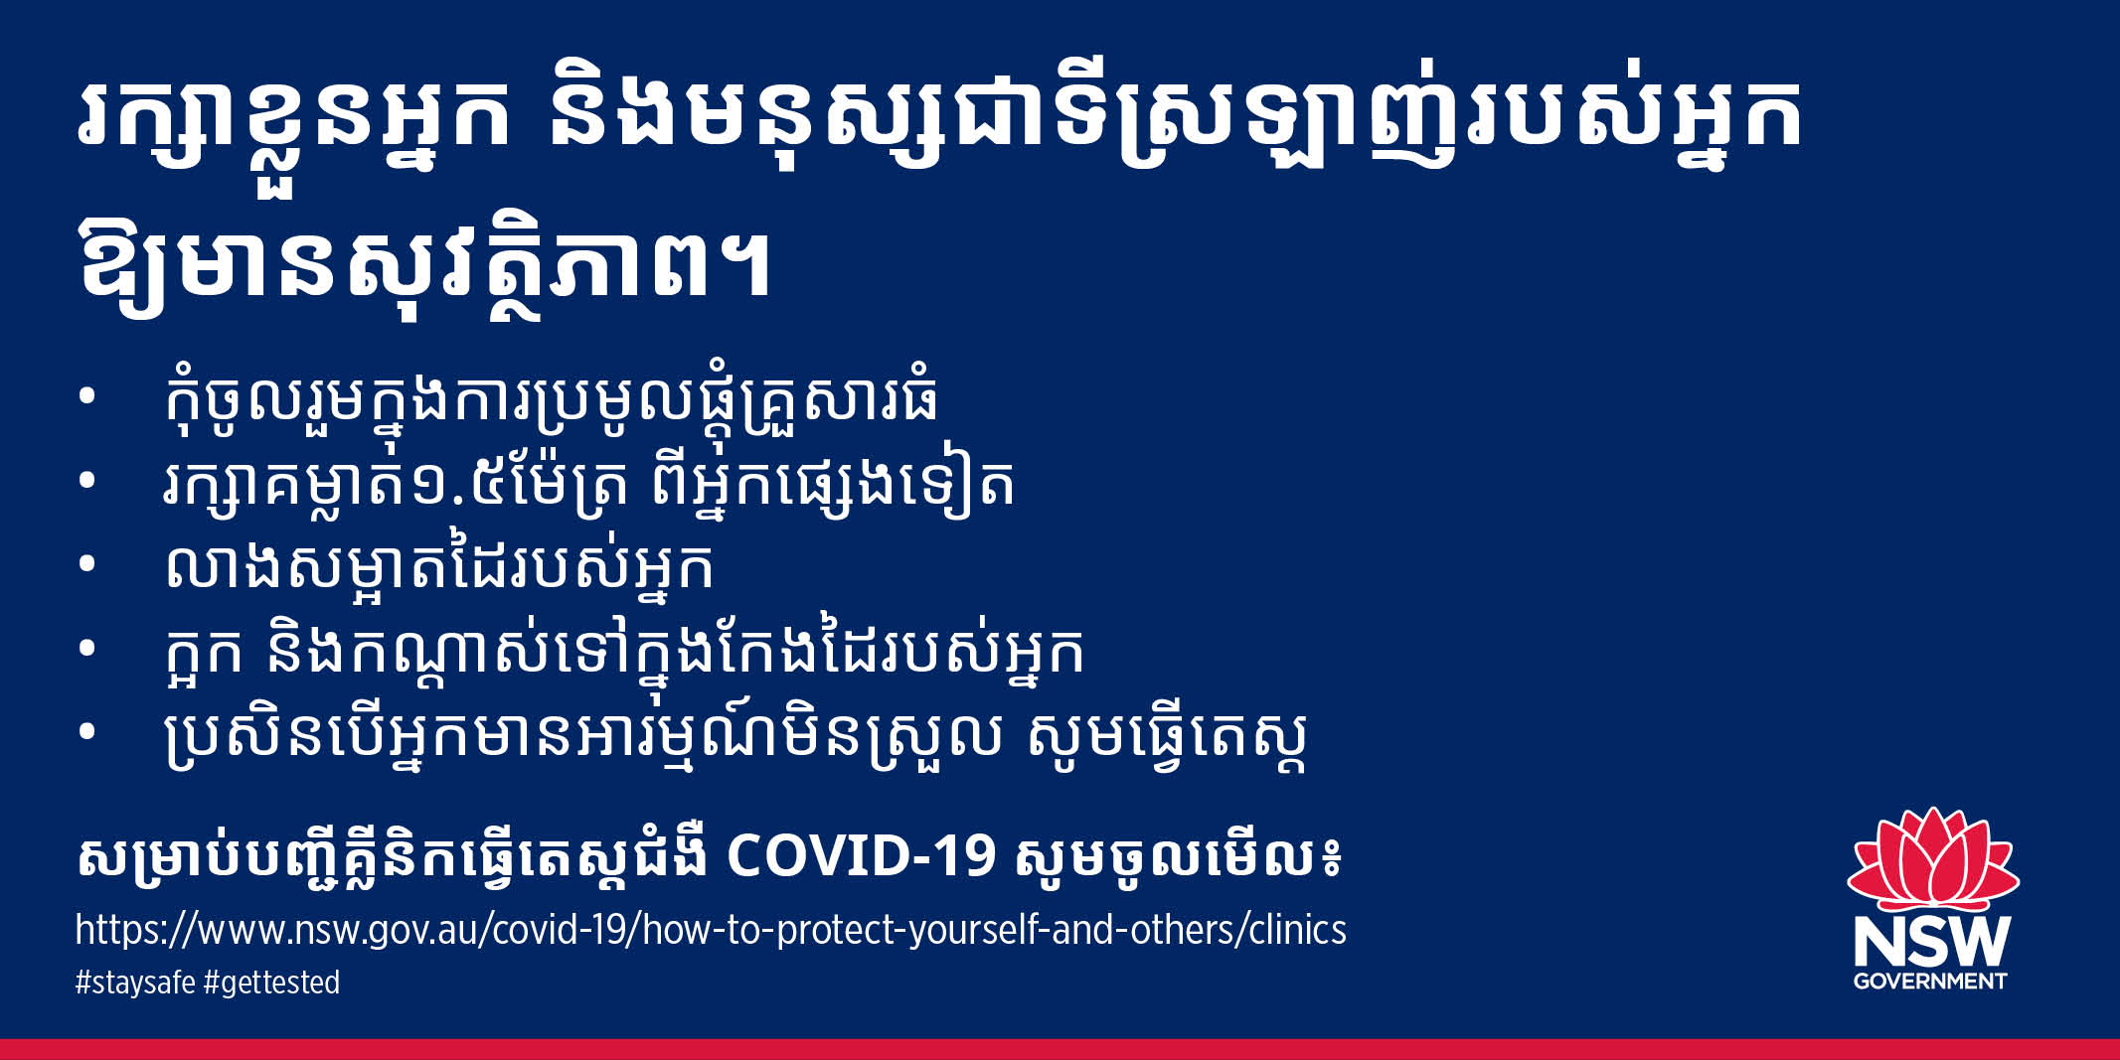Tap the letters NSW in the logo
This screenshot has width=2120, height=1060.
point(1931,941)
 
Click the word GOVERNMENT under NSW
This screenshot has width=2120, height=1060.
point(1930,982)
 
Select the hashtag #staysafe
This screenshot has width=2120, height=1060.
point(135,983)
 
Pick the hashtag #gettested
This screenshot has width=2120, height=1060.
point(271,983)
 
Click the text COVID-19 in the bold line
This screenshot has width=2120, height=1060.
point(861,855)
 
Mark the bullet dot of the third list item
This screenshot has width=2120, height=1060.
point(86,564)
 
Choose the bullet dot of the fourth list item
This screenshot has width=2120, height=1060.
point(86,649)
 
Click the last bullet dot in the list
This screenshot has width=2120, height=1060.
point(86,732)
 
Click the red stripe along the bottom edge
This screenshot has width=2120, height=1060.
point(1060,1049)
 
